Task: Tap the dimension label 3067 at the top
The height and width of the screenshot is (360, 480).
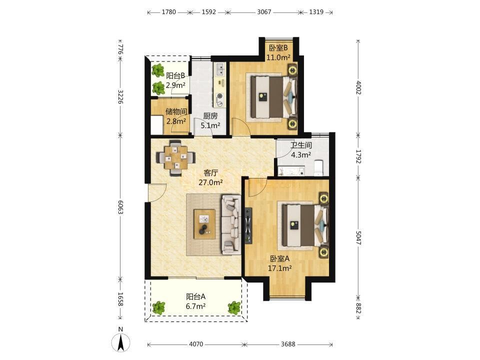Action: click(x=264, y=12)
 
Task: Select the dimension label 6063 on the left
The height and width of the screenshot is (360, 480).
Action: click(x=120, y=207)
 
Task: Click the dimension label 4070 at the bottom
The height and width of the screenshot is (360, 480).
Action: click(x=195, y=344)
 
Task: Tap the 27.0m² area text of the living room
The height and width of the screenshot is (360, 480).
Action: click(x=210, y=182)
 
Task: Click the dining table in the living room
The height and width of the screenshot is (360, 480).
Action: click(x=175, y=157)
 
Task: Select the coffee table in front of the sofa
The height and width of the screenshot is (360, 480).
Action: click(x=204, y=224)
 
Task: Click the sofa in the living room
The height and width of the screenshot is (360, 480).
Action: click(x=231, y=225)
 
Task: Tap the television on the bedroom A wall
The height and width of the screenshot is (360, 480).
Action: click(x=248, y=225)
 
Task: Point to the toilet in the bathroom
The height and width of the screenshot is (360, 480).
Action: click(x=319, y=168)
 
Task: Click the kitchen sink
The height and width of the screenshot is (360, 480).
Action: click(x=220, y=69)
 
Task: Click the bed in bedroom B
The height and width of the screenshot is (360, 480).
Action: click(x=274, y=97)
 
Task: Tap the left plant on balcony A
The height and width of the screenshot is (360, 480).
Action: click(x=158, y=307)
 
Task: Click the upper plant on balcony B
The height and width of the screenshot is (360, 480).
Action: click(x=158, y=71)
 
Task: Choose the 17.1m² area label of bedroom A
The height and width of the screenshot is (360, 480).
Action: click(x=280, y=268)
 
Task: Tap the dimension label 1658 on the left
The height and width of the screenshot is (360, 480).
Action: click(x=120, y=299)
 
